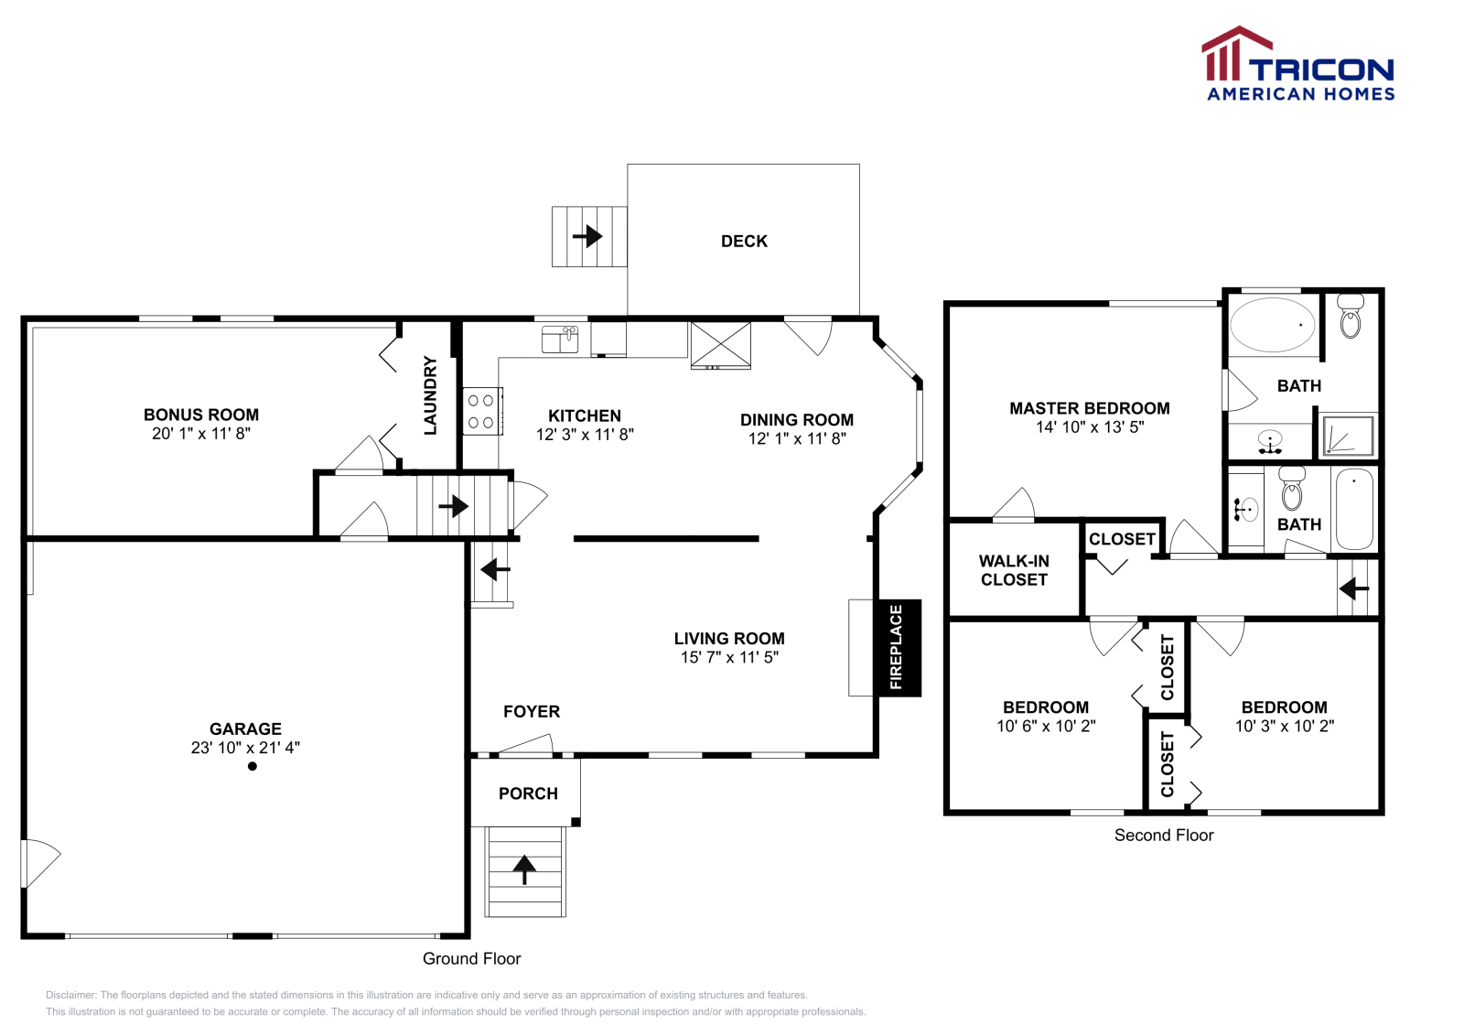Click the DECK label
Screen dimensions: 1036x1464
click(744, 242)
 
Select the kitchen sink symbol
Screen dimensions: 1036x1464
click(560, 339)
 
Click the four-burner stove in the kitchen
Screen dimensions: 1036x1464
click(480, 412)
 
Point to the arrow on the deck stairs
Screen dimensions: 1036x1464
click(587, 237)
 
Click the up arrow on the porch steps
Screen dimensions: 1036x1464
click(524, 869)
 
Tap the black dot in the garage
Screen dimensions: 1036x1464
click(253, 766)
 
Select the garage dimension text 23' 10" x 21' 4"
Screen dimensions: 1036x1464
click(245, 748)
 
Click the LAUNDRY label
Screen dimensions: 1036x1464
click(430, 394)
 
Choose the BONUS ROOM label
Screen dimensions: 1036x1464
click(201, 415)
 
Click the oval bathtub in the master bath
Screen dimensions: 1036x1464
click(1272, 325)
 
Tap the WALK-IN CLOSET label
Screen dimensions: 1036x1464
click(1014, 570)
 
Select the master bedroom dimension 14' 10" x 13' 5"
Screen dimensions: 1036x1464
click(1090, 427)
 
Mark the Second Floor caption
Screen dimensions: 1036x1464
click(1163, 836)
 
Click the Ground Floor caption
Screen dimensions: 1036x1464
click(471, 959)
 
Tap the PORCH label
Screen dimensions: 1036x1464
click(528, 793)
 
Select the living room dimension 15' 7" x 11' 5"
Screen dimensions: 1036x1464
click(729, 657)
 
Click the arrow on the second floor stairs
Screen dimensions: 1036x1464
click(1353, 588)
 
